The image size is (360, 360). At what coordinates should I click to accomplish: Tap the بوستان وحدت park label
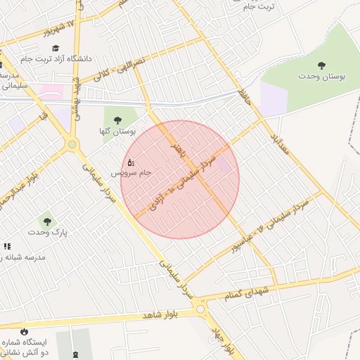(322, 76)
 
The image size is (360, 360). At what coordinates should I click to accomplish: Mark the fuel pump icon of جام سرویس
(131, 163)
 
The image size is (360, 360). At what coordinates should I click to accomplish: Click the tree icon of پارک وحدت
(47, 221)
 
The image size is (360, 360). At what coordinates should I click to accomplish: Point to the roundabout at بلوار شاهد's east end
(201, 308)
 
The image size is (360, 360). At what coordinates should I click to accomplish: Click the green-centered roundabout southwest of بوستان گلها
(71, 145)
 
